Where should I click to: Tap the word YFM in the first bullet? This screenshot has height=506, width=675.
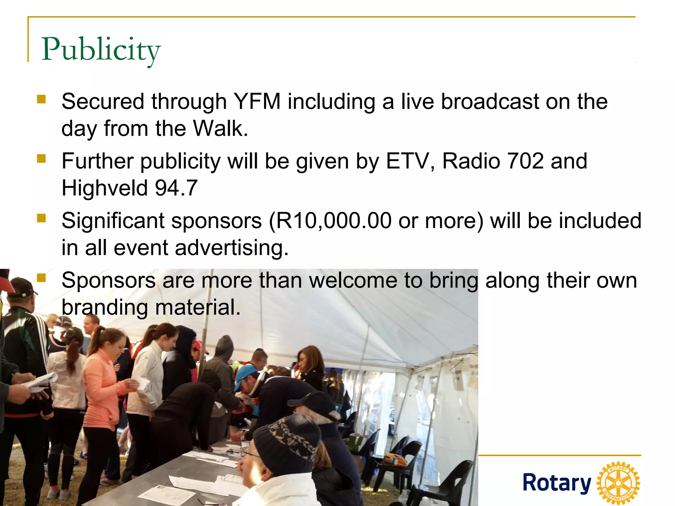257,101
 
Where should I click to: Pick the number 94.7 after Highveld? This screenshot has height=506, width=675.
176,188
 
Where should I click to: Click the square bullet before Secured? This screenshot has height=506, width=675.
41,99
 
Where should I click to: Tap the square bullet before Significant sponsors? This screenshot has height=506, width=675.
41,218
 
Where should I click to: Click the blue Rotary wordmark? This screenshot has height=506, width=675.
557,483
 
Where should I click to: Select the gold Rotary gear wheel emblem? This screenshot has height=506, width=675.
618,483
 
